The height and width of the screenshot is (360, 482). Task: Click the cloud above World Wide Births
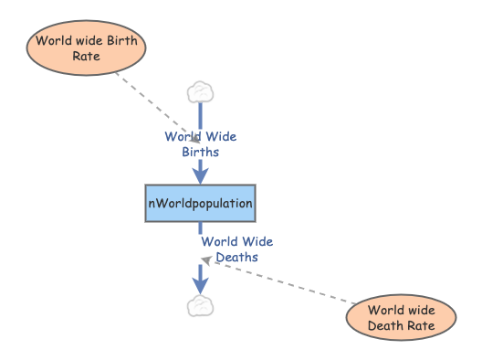click(200, 91)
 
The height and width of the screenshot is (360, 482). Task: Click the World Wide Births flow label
click(201, 144)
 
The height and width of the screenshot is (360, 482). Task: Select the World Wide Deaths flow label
click(237, 249)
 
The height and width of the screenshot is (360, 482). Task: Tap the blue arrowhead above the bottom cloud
click(201, 284)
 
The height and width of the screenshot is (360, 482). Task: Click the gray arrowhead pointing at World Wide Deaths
click(206, 261)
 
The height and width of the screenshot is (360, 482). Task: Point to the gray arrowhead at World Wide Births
click(194, 138)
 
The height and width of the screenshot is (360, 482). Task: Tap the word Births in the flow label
click(201, 153)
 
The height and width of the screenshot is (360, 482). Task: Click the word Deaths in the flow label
click(237, 258)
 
